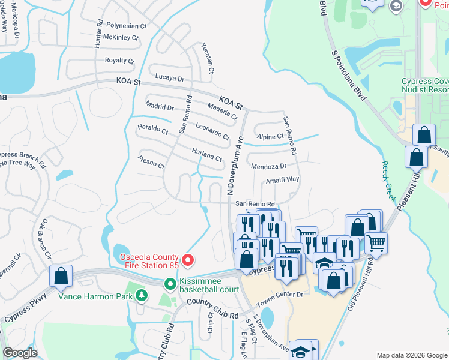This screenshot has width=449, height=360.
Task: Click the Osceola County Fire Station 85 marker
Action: click(188, 260)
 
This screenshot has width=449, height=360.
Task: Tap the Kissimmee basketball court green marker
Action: click(170, 284)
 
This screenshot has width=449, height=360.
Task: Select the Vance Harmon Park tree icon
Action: click(142, 295)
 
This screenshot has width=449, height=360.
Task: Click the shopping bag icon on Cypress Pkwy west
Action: click(61, 276)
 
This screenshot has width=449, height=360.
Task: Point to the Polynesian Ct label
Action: click(127, 26)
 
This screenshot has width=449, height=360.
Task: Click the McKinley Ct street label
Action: click(121, 37)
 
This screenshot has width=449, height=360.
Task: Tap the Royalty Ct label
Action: click(119, 61)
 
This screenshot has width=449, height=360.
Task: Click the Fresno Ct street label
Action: click(151, 161)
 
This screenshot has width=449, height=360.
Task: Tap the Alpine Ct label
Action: click(269, 137)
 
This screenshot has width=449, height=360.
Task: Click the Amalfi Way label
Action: click(282, 179)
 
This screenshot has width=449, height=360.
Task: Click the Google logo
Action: click(20, 353)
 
